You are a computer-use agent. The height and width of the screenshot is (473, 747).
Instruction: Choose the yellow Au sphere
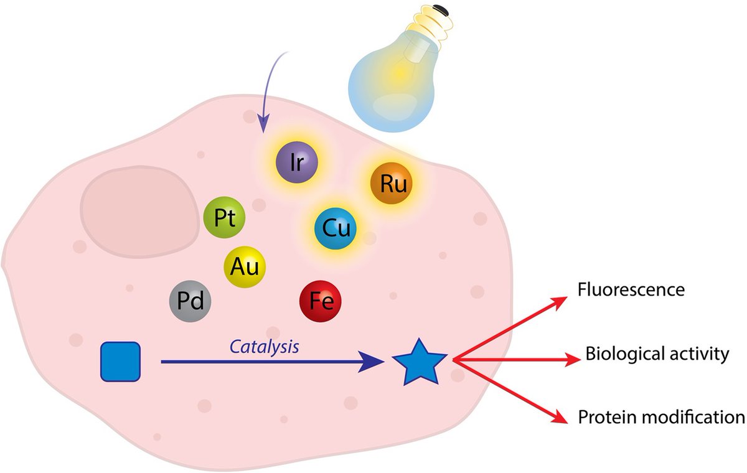245,266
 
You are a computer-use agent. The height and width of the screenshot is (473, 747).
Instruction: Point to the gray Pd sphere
190,302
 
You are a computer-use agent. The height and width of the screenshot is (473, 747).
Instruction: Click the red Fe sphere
321,302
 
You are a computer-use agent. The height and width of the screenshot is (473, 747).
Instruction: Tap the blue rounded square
121,361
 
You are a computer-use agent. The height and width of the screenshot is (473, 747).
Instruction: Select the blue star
418,361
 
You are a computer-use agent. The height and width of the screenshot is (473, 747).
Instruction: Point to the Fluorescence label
631,290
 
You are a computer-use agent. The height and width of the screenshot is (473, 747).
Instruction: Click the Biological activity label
657,355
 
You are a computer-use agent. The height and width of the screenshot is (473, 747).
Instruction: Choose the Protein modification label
661,416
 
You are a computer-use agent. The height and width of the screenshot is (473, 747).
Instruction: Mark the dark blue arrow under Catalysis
268,361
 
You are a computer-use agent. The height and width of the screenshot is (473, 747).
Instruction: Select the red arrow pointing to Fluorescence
510,329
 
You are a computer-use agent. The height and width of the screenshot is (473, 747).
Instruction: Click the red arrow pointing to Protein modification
510,392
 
